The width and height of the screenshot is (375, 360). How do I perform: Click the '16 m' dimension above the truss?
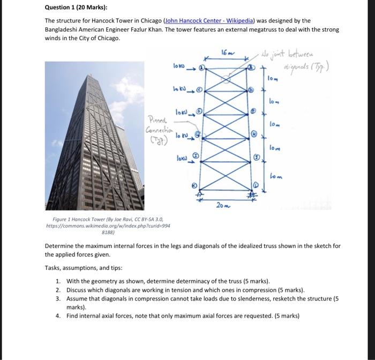coord(226,52)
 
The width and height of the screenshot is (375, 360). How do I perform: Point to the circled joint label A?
coord(201,68)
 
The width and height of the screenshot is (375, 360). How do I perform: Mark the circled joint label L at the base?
coord(256,185)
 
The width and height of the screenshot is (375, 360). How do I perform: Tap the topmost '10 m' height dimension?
coord(273,79)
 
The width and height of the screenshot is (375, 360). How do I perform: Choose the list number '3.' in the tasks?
coord(58,298)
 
